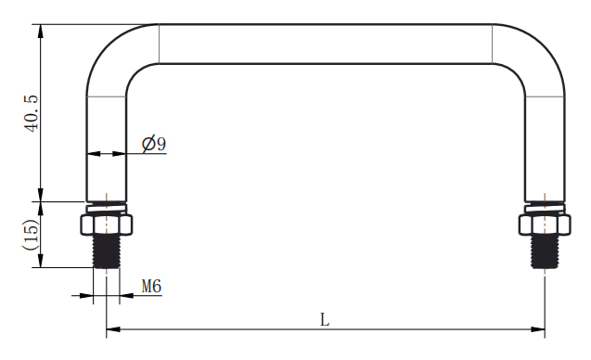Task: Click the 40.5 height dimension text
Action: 32,113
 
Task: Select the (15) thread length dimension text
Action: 32,235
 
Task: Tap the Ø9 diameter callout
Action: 154,143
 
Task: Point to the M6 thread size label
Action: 151,286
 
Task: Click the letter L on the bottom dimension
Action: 325,320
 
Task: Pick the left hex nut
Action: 107,225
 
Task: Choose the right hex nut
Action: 545,225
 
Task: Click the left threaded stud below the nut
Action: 107,251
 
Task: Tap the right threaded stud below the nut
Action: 545,251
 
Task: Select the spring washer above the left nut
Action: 107,209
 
